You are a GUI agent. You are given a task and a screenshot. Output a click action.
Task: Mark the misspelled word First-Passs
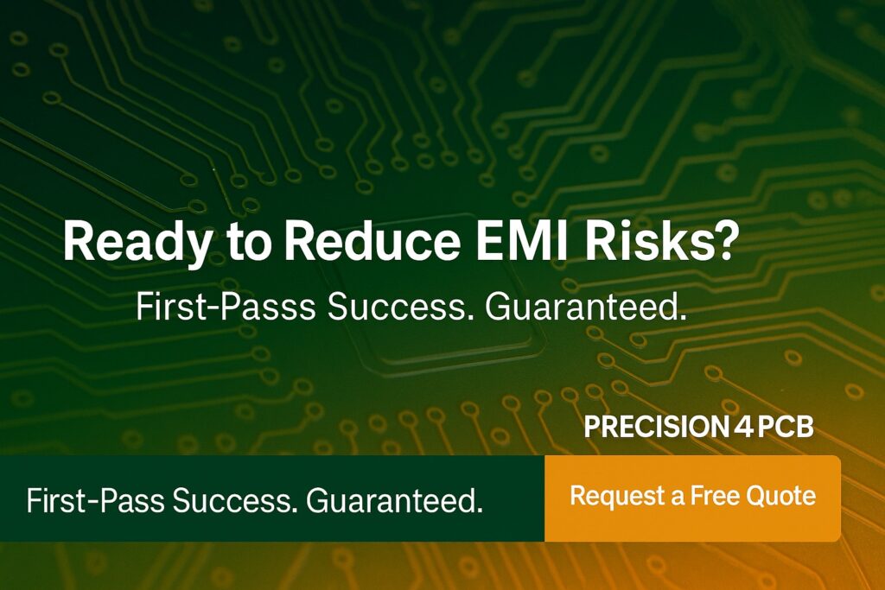[x=226, y=308]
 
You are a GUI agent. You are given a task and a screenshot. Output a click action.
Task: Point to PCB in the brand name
[x=785, y=427]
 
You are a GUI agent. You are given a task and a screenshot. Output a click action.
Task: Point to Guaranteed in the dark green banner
[x=394, y=500]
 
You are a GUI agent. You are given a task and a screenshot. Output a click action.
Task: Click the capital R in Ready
[x=79, y=241]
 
